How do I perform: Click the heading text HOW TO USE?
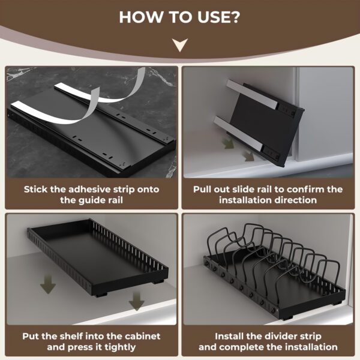pyautogui.click(x=179, y=16)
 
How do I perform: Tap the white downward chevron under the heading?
pyautogui.click(x=179, y=44)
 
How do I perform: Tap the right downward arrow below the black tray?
pyautogui.click(x=137, y=300)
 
